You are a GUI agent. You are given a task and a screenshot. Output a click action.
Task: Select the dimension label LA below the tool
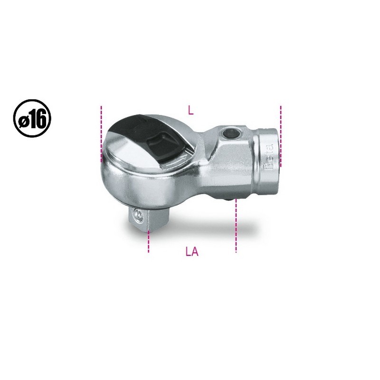click(192, 252)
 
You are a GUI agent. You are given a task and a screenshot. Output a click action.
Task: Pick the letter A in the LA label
click(195, 252)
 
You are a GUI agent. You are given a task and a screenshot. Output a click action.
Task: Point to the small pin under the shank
click(234, 200)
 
